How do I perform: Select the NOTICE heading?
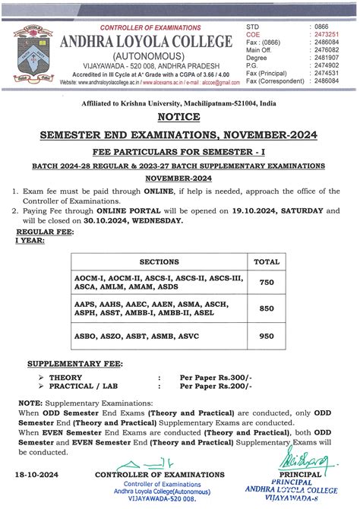coord(179,117)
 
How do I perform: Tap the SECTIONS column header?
coord(159,260)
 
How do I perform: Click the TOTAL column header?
coord(266,260)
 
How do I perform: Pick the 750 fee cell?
coord(266,282)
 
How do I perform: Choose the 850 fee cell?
coord(266,310)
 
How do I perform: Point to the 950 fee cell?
coord(266,336)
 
